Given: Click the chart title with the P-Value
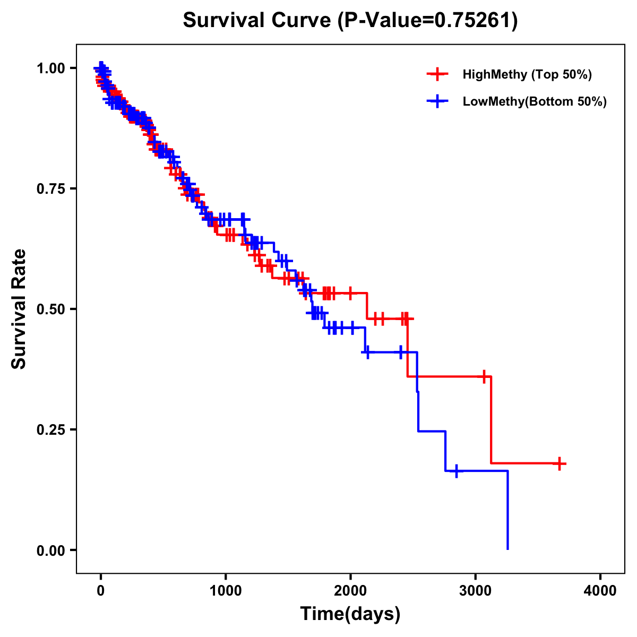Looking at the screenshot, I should coord(350,21).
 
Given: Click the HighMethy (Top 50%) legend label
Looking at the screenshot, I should coord(527,74).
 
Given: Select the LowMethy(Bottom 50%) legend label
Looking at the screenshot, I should coord(534,101).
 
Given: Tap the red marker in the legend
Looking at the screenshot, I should coord(437,74).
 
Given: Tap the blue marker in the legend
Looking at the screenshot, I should coord(437,101).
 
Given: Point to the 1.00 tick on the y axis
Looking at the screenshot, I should coord(50,68).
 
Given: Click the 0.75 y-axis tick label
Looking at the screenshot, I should coord(50,189).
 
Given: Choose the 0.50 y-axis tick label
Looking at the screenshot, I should coord(50,309).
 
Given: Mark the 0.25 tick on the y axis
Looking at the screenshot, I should coord(50,430).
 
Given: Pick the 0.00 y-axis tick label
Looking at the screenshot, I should coord(50,550).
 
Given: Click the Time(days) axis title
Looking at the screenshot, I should coord(350,614).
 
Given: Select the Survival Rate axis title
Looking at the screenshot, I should coord(20,309).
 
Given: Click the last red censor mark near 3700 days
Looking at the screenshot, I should coord(559,463).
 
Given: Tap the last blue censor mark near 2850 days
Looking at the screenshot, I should coord(456,471).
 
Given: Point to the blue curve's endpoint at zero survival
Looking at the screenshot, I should coord(507,549).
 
